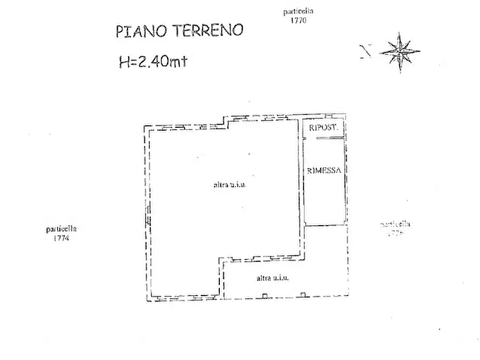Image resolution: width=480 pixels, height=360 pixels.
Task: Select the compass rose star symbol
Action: pos(399,52)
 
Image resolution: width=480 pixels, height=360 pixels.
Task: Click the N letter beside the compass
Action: pos(367,52)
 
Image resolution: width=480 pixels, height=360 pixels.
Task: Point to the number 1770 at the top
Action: pos(298,20)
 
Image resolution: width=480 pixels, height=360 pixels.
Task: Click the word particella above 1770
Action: pos(298,11)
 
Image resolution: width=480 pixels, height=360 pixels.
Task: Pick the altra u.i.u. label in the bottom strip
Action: pos(273,278)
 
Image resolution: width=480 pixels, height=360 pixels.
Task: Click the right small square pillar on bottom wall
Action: pos(303,294)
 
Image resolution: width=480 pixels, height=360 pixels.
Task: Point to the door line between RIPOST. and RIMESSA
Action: pos(329,139)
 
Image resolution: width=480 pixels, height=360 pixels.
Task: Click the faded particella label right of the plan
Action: pos(395,225)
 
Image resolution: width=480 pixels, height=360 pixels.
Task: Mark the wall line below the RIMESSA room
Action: pos(324,225)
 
